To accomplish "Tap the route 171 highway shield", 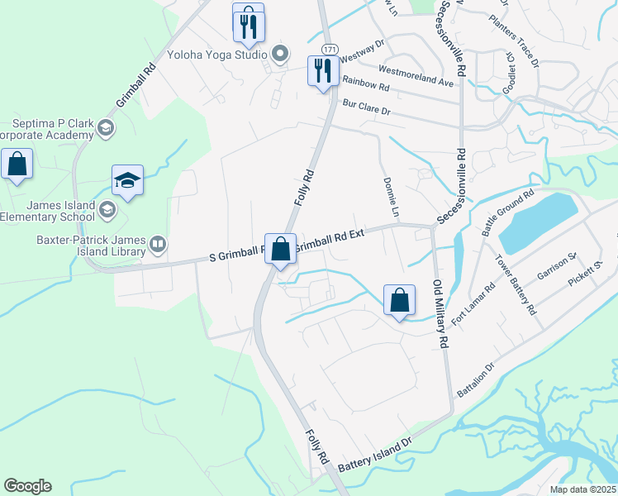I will (329, 50).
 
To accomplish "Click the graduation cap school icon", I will (128, 182).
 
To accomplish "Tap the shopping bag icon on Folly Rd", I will (280, 248).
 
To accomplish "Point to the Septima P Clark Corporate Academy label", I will (45, 129).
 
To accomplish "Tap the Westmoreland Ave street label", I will (416, 76).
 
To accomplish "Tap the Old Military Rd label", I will (440, 313).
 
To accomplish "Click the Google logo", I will (27, 486).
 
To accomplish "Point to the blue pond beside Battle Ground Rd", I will (537, 220).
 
